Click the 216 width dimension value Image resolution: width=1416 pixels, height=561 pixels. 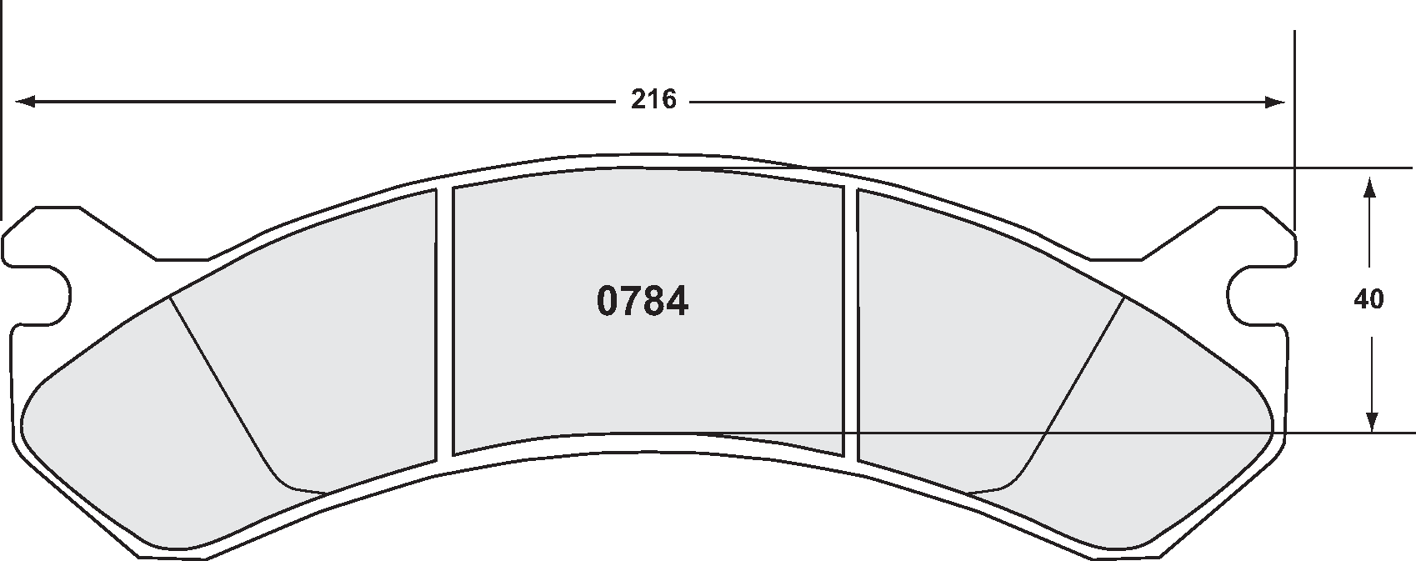pyautogui.click(x=653, y=101)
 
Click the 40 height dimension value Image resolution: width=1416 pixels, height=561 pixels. pyautogui.click(x=1368, y=299)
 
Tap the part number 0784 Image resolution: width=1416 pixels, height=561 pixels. pyautogui.click(x=642, y=302)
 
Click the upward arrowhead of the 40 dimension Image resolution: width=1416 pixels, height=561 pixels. pyautogui.click(x=1368, y=186)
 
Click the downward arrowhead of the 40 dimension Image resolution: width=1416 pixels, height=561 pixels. pyautogui.click(x=1368, y=422)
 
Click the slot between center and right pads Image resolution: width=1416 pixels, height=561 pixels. pyautogui.click(x=850, y=325)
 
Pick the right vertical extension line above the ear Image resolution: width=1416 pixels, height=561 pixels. pyautogui.click(x=1294, y=125)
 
